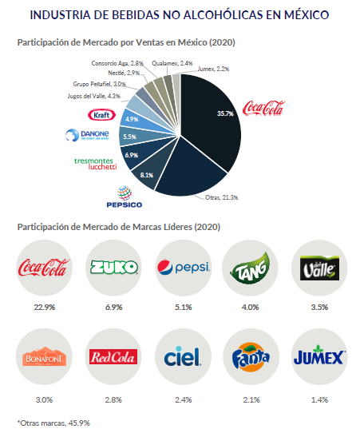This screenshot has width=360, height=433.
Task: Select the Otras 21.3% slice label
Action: (x=222, y=197)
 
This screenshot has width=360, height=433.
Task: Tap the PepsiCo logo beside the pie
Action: (x=125, y=197)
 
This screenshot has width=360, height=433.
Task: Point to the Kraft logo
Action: (x=101, y=115)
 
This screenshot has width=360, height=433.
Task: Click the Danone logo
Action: (x=87, y=135)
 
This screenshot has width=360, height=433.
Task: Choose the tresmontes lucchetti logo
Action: (x=96, y=164)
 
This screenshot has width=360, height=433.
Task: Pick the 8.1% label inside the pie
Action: (x=147, y=175)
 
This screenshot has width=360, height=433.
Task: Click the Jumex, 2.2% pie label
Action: (x=213, y=69)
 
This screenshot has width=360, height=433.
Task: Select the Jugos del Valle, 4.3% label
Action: (x=94, y=96)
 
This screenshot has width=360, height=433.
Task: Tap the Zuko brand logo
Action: (x=114, y=268)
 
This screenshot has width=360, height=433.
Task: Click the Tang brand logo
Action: (x=250, y=268)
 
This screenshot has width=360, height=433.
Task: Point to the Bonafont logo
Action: (x=44, y=357)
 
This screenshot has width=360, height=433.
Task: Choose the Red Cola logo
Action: (x=113, y=357)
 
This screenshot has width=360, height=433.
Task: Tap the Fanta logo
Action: (x=251, y=357)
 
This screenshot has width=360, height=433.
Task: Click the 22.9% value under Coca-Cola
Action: (x=45, y=307)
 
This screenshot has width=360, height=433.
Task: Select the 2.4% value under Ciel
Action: (x=183, y=400)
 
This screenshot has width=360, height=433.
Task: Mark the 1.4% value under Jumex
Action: (x=319, y=400)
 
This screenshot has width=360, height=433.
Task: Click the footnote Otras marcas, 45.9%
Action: (x=53, y=423)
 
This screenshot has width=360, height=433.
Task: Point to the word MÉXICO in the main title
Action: (x=307, y=15)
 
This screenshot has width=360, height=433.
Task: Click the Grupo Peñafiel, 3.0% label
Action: (x=99, y=84)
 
